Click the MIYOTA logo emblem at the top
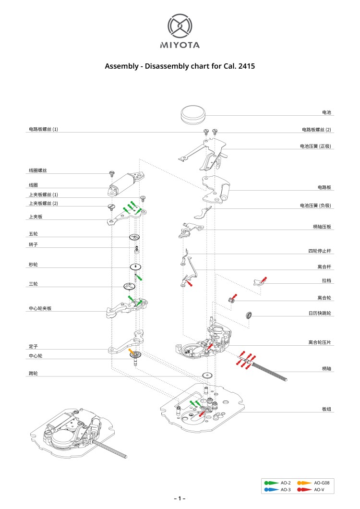(x=180, y=26)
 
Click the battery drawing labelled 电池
(x=193, y=115)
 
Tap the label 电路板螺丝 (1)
(x=43, y=130)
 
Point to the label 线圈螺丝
(x=37, y=170)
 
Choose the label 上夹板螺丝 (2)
(x=43, y=204)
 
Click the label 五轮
(x=33, y=234)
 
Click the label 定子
(x=33, y=346)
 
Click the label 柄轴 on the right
(x=326, y=368)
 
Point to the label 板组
(x=326, y=409)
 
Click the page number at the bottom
(x=180, y=499)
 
